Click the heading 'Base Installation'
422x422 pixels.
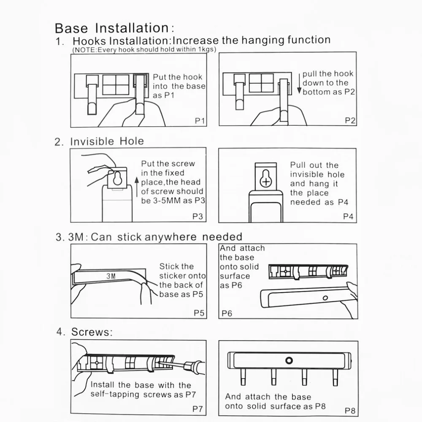112,28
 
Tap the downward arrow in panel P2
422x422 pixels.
299,84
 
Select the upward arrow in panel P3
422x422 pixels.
137,187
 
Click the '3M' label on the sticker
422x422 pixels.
111,276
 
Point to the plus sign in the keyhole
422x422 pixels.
266,182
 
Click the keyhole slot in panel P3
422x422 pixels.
117,178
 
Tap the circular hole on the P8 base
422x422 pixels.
289,360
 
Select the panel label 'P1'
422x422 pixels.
200,121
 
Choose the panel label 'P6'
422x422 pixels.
227,313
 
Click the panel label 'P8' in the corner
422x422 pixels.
350,411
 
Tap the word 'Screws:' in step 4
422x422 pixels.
92,332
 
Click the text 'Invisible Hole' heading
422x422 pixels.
107,141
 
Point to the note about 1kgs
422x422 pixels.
144,50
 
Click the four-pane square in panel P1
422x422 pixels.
116,85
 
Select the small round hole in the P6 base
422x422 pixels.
325,298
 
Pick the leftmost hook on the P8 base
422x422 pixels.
243,376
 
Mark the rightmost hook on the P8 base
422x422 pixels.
335,377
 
